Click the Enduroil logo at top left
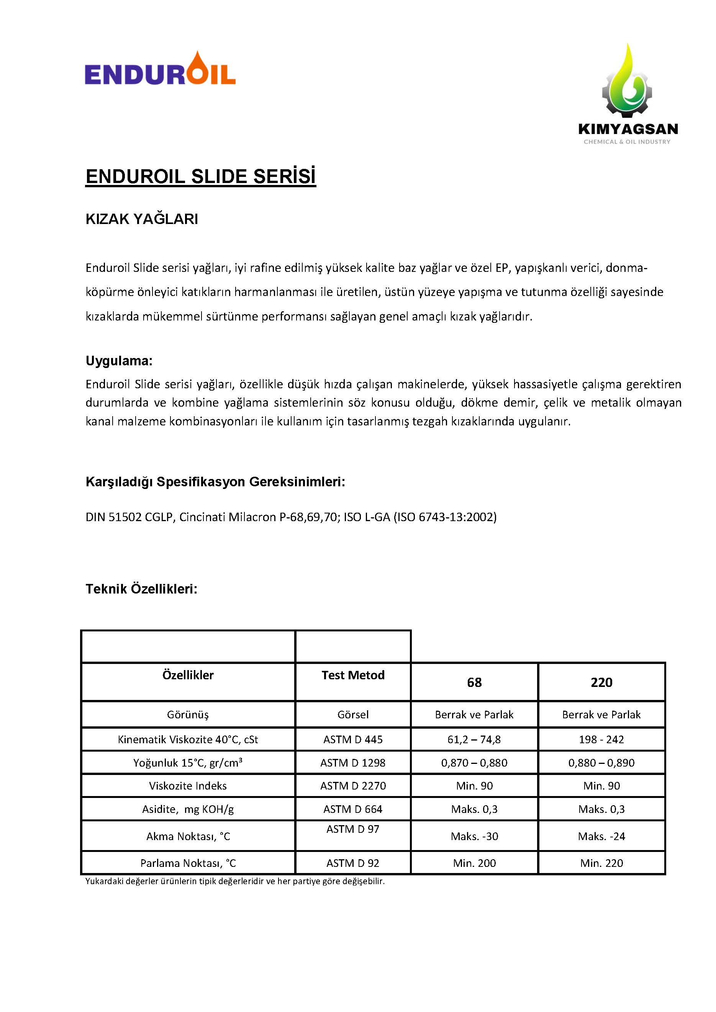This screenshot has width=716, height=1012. [x=160, y=70]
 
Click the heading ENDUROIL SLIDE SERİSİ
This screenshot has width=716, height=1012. [x=201, y=176]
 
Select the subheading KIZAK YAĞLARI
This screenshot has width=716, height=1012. [x=141, y=219]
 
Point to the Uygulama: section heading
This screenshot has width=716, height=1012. [x=119, y=361]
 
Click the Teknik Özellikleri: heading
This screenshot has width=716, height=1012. [x=141, y=589]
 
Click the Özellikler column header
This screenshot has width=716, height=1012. [x=188, y=675]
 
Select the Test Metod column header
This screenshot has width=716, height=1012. [x=353, y=675]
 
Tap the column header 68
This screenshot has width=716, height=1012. [x=474, y=683]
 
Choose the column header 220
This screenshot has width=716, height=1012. [x=601, y=683]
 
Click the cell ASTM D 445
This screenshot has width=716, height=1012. [x=353, y=740]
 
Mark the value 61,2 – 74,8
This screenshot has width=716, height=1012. [x=474, y=740]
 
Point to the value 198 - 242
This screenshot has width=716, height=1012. [x=601, y=740]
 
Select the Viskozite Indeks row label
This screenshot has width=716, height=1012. [x=188, y=786]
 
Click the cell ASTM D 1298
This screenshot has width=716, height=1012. [x=353, y=763]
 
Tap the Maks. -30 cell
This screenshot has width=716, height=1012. [x=474, y=837]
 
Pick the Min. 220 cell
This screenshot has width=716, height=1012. [x=601, y=863]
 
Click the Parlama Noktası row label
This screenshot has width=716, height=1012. [x=188, y=863]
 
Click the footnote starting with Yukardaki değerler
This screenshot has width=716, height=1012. [x=235, y=881]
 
